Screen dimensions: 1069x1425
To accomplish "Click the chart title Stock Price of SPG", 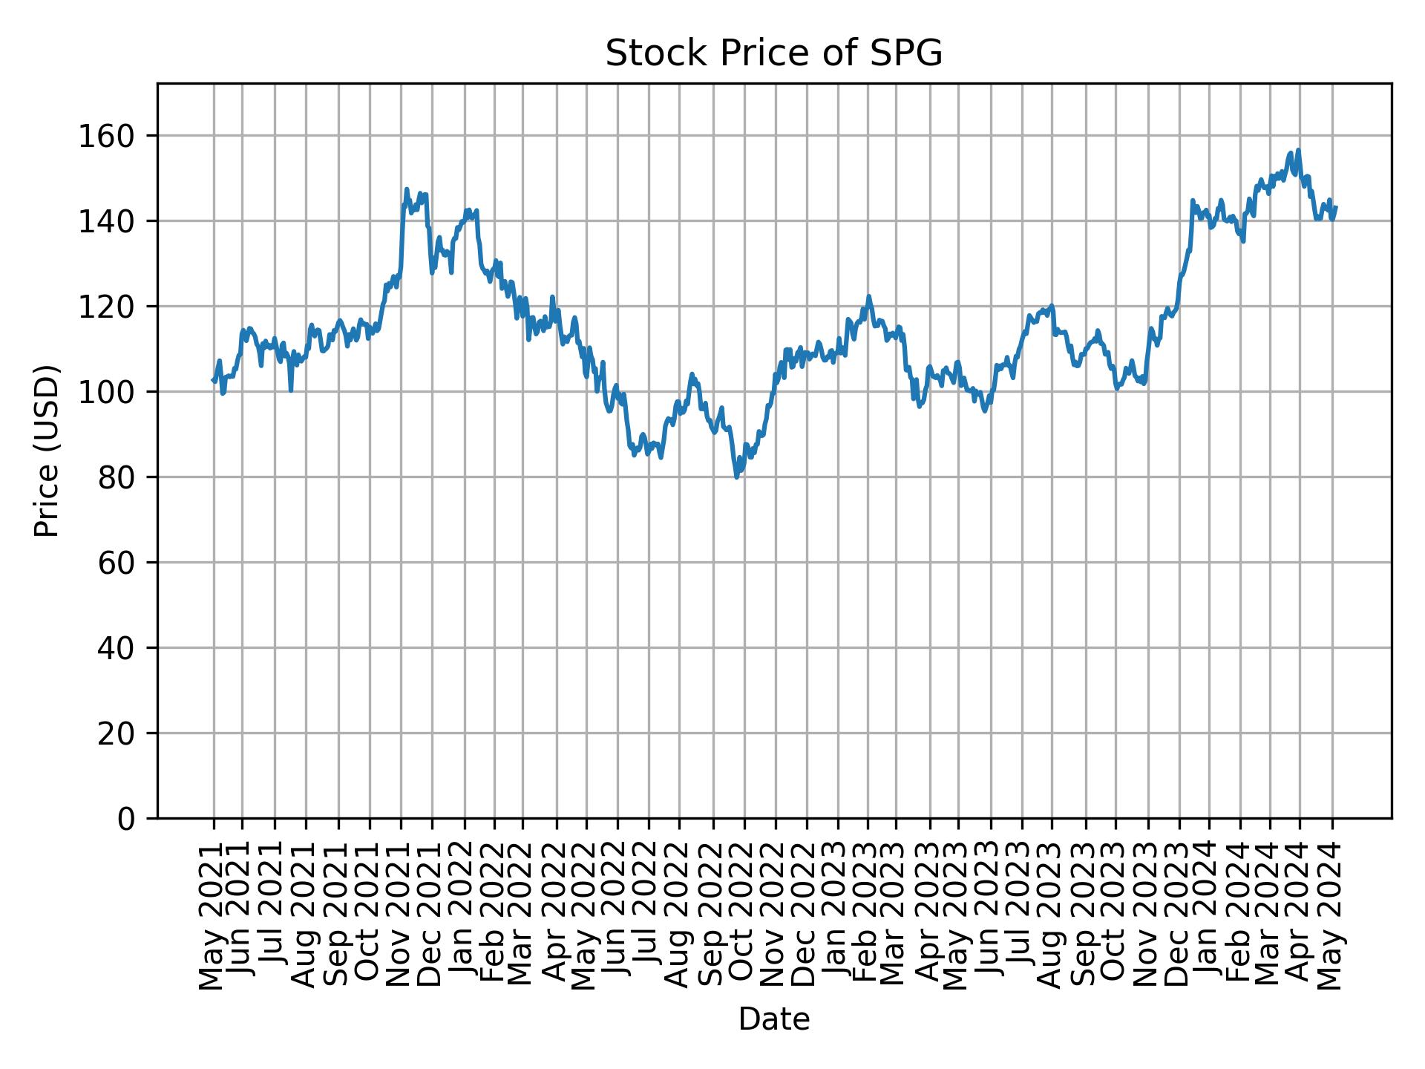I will click(x=773, y=53).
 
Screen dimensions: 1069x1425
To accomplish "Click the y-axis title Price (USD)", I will click(x=47, y=451).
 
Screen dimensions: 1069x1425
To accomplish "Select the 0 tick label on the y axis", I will click(x=127, y=818).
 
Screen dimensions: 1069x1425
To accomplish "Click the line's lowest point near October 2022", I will click(x=736, y=477).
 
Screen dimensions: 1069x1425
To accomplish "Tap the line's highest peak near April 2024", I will click(x=1298, y=150).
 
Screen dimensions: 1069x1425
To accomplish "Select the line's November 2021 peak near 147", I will click(x=406, y=189).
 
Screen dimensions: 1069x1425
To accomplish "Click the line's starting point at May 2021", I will click(x=213, y=380).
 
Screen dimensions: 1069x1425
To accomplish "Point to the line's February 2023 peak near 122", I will click(x=868, y=296).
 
